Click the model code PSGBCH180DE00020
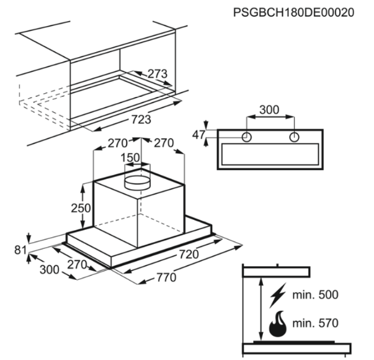click(293, 12)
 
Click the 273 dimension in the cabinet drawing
click(158, 74)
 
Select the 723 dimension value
click(141, 119)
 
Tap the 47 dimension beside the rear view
click(198, 135)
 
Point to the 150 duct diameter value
click(130, 158)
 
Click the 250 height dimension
click(81, 208)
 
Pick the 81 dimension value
click(20, 250)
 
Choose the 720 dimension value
click(189, 254)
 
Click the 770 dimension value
click(166, 277)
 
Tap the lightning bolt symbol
click(278, 295)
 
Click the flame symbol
click(278, 324)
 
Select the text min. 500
click(315, 295)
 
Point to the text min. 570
click(315, 323)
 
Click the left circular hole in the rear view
click(247, 137)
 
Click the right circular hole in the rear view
click(294, 137)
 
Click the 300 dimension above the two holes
click(269, 110)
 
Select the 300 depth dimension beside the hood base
click(50, 270)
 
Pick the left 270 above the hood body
click(118, 143)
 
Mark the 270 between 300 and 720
click(77, 265)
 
